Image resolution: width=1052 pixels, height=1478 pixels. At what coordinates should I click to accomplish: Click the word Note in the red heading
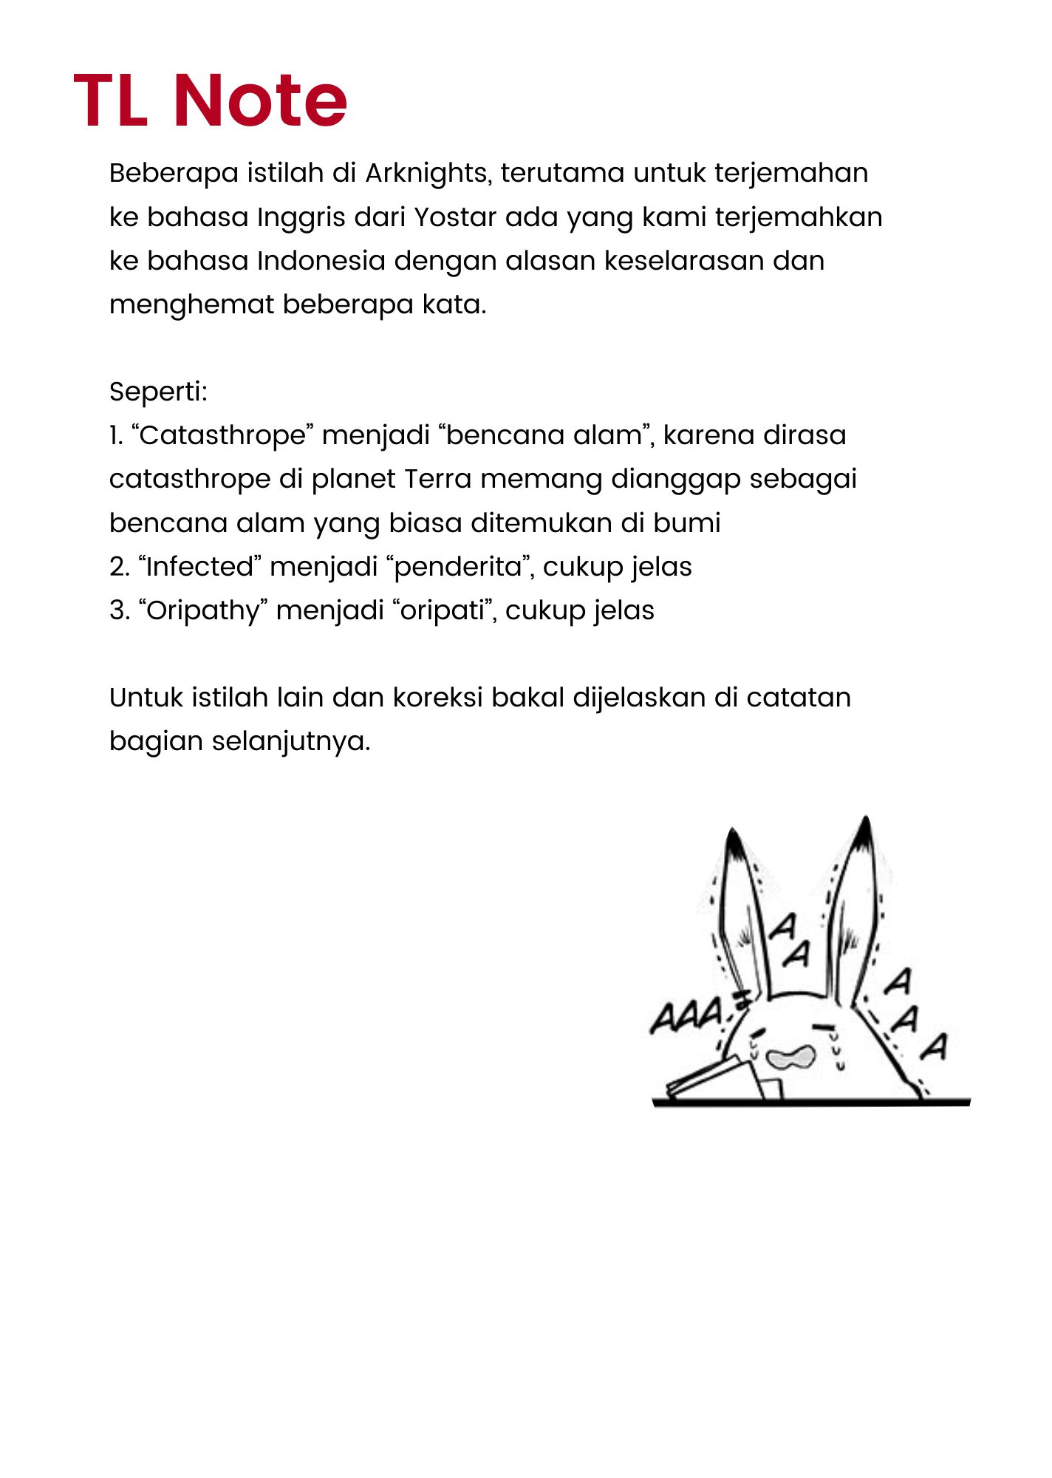(260, 101)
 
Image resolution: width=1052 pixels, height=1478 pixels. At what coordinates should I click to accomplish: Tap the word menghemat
(191, 304)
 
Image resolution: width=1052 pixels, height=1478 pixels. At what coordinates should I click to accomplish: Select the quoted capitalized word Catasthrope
(222, 436)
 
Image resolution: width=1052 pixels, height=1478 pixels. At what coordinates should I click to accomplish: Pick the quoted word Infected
(199, 567)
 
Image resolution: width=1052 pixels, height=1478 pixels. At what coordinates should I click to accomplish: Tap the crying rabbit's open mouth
(790, 1058)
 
